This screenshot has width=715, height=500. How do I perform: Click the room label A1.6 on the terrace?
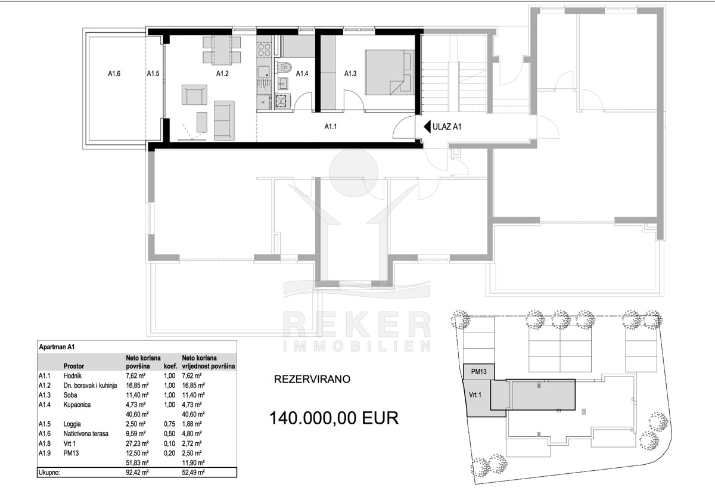coord(114,74)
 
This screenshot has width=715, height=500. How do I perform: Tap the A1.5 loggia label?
coord(153,74)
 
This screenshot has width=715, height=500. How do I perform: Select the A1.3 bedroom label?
coord(350,74)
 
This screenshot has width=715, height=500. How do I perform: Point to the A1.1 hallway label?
coord(330,126)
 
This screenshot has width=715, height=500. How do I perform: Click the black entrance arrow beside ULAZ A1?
coord(427,127)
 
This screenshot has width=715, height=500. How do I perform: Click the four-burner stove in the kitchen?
coord(264,50)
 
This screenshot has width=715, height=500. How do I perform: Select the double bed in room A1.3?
coord(390,72)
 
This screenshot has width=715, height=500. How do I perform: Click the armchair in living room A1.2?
coord(194,95)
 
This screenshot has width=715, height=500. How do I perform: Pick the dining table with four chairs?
coord(222,50)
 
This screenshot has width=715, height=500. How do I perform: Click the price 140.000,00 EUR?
coord(334,418)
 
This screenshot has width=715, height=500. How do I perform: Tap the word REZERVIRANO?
coord(312,379)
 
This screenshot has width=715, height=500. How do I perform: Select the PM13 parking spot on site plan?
coord(479,372)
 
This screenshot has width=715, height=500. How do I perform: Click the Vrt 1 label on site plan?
coord(475,395)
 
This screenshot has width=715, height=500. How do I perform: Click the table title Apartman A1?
coord(57,347)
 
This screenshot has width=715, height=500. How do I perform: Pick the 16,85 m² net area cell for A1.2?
coord(137,386)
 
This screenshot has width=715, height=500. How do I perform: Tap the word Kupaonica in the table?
coord(77,405)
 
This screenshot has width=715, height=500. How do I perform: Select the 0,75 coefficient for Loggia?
coord(169,424)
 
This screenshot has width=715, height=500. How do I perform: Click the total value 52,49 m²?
coord(194,472)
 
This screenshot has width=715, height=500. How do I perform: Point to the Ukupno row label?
coord(49,473)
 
